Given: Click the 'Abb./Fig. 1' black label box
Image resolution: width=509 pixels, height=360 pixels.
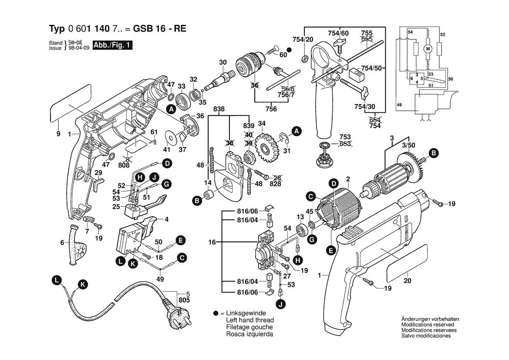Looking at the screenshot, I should coord(112,45).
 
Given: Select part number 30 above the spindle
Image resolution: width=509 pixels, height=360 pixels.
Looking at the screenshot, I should coord(223,62).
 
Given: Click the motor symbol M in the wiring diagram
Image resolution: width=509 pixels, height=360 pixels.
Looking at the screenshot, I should coord(427,49).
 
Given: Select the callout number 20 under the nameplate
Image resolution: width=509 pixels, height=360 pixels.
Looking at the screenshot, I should coord(407,281).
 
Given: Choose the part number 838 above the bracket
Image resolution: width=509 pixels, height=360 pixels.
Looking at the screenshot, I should coord(219,109).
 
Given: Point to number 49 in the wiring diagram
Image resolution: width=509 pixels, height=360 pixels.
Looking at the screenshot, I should coord(398,105).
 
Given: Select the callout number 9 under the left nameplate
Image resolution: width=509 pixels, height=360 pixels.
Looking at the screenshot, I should coord(58,134).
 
